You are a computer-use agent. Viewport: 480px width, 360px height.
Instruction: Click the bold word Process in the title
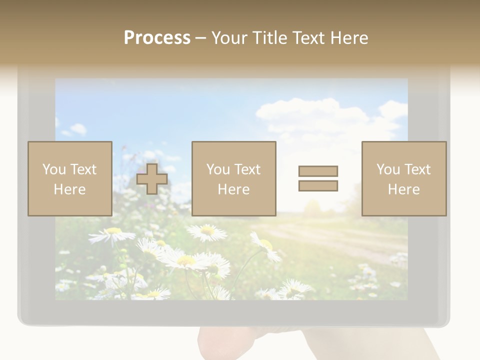(157, 38)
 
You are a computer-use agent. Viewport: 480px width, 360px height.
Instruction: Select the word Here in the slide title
(349, 38)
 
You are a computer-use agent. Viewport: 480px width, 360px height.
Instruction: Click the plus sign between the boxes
(152, 178)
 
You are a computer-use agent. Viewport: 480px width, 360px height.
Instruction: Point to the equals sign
(318, 178)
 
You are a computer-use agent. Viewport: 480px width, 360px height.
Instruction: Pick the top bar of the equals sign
(318, 171)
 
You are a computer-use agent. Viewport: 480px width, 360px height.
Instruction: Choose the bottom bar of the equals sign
(318, 185)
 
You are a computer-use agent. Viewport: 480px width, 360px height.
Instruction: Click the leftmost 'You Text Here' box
(69, 178)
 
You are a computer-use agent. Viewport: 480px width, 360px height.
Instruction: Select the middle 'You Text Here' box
(233, 178)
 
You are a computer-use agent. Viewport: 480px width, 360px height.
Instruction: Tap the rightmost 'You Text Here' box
(403, 178)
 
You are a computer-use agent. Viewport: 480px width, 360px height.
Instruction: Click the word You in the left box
(54, 169)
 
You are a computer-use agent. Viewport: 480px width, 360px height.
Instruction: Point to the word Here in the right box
(403, 189)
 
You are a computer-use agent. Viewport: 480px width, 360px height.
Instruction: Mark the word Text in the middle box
(247, 169)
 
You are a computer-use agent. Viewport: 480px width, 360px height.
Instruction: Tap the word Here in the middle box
(233, 189)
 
